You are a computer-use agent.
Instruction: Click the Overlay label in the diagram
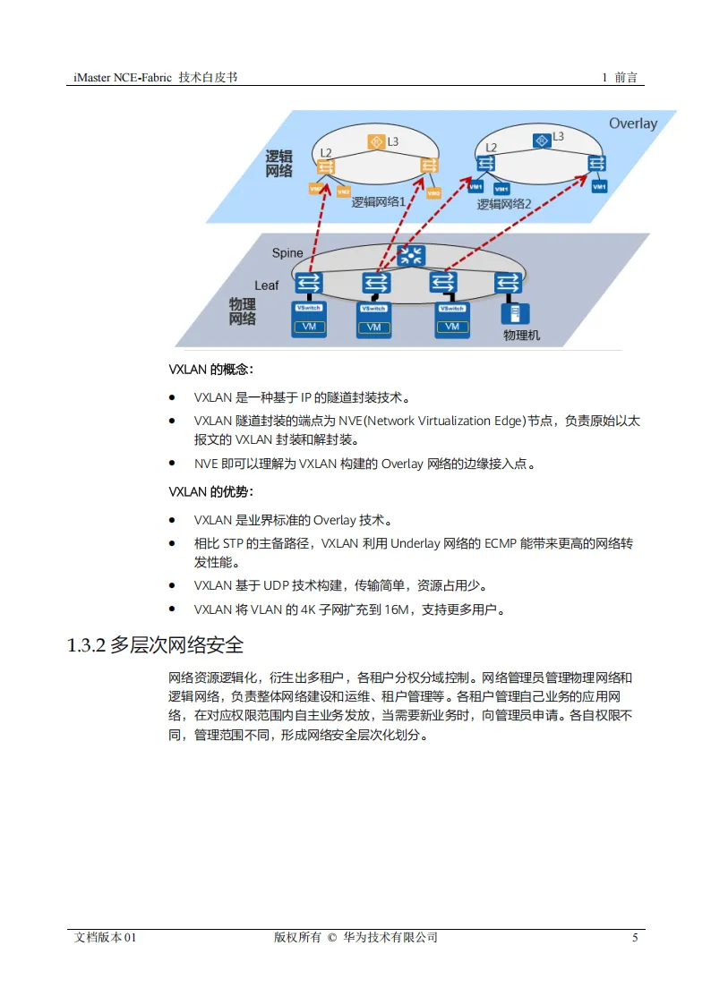pos(633,123)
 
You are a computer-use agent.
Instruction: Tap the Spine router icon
pos(411,255)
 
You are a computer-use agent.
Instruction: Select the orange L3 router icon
pos(376,142)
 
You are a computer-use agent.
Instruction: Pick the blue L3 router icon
pos(540,140)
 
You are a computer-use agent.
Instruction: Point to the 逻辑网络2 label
pos(504,204)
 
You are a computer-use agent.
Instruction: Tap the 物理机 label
pos(521,336)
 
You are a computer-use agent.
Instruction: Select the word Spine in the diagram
pos(287,253)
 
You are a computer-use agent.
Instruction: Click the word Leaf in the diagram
pos(266,285)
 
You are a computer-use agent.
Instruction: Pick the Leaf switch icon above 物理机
pos(508,283)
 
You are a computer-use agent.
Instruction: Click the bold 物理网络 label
pos(243,311)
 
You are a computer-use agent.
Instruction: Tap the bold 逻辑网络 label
pos(278,164)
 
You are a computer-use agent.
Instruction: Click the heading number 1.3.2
pos(87,645)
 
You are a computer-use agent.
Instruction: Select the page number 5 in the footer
pos(635,938)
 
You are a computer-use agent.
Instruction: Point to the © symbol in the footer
pos(332,938)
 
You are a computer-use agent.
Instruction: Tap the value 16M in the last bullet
pos(396,610)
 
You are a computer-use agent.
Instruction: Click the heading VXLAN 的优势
pos(210,491)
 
